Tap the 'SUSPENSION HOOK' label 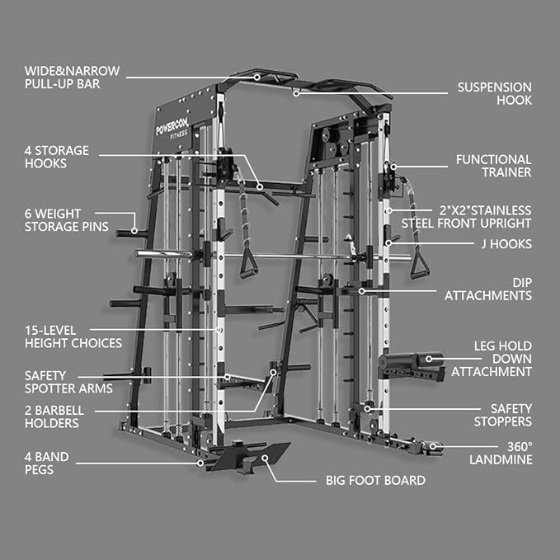(495, 93)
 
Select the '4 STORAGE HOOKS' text (57, 157)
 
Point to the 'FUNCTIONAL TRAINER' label (493, 166)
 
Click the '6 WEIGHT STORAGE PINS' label (66, 219)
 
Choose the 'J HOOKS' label (506, 244)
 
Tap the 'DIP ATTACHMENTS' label (487, 288)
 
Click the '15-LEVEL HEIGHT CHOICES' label (73, 336)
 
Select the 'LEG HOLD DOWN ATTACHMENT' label (492, 359)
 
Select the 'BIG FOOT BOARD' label (374, 480)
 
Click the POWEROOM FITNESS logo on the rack (172, 126)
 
